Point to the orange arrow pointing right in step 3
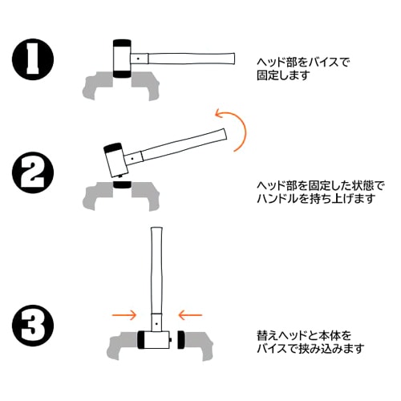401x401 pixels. point(124,314)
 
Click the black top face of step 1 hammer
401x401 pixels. point(122,43)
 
